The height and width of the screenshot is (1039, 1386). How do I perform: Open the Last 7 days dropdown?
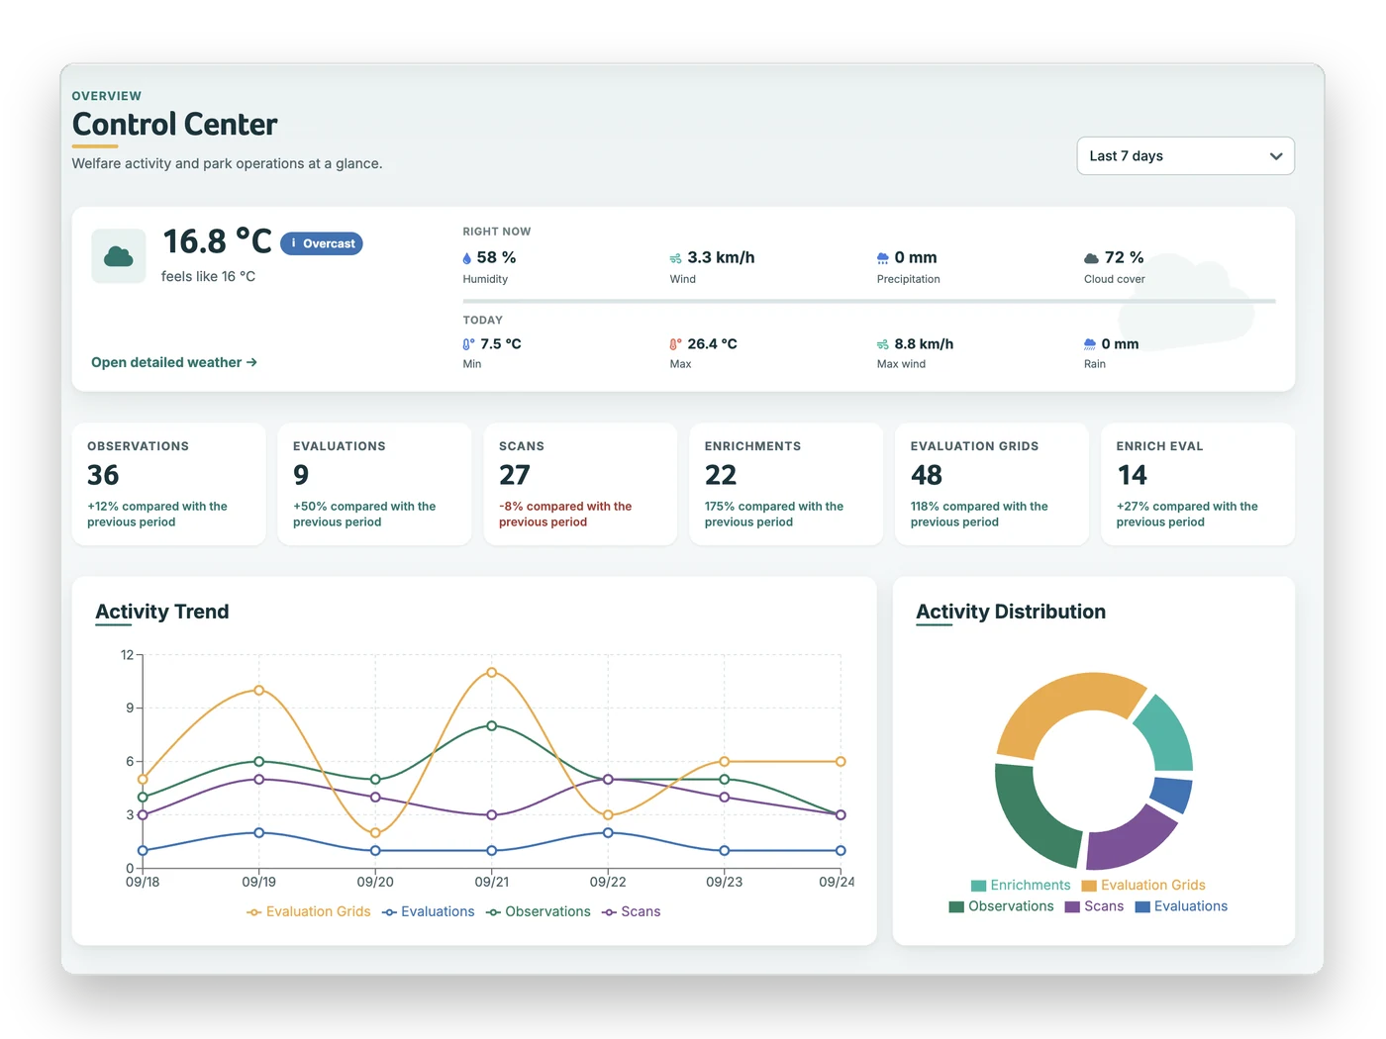(1185, 155)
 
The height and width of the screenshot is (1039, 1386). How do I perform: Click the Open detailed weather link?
(173, 362)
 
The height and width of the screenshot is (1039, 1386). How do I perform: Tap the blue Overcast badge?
(322, 243)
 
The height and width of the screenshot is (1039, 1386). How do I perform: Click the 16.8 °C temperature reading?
(217, 241)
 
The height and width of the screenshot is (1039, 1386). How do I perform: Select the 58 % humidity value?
(496, 257)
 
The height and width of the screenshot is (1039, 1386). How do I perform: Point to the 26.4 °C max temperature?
(712, 343)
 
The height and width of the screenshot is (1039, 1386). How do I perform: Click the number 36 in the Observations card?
(103, 475)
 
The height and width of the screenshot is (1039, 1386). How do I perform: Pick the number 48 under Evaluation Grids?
(926, 475)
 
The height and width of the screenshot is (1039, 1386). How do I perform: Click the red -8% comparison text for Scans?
(564, 514)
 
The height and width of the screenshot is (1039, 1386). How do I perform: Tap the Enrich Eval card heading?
(1159, 446)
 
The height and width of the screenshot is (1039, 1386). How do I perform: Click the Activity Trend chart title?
(161, 612)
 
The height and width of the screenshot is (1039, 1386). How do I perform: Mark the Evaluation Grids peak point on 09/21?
(492, 673)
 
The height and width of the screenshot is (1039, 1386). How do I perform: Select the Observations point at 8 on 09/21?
(492, 725)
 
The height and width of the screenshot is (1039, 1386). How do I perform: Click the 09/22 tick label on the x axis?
(608, 882)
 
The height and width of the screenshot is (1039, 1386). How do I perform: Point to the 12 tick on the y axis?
(127, 654)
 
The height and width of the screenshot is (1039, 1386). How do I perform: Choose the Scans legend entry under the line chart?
(631, 911)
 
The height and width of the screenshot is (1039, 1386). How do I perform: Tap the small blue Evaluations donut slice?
(1172, 795)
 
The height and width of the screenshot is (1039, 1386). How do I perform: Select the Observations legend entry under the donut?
(1001, 905)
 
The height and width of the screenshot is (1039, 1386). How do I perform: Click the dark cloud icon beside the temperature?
(118, 256)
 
